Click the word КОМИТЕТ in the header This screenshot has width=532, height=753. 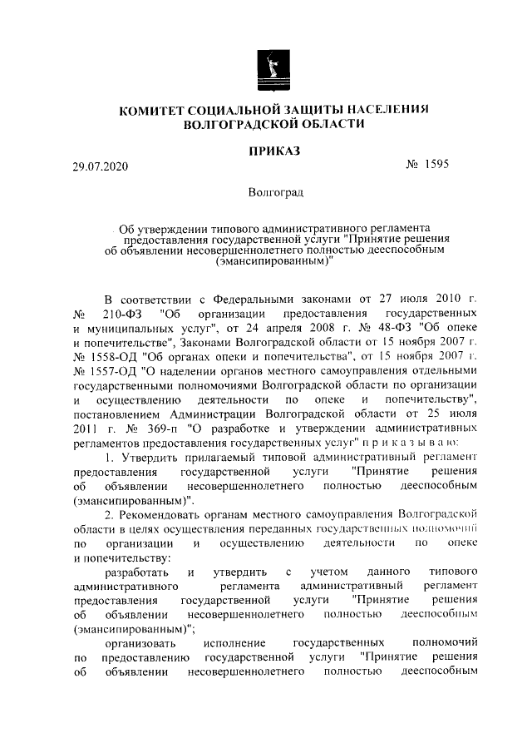pyautogui.click(x=155, y=110)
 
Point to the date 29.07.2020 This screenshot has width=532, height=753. pyautogui.click(x=101, y=166)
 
